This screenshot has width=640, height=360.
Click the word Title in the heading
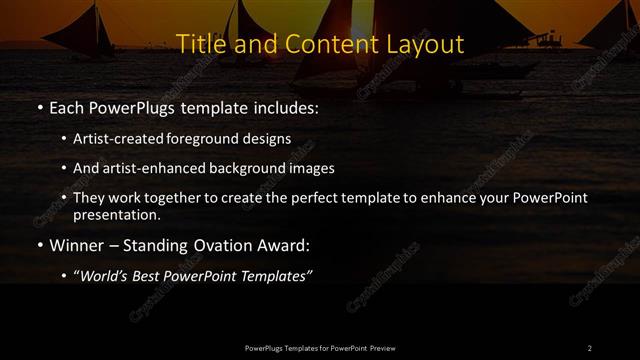click(x=198, y=45)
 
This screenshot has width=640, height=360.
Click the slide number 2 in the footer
click(x=589, y=348)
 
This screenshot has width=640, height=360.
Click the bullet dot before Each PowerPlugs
click(x=39, y=105)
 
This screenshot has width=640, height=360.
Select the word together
click(x=163, y=198)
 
